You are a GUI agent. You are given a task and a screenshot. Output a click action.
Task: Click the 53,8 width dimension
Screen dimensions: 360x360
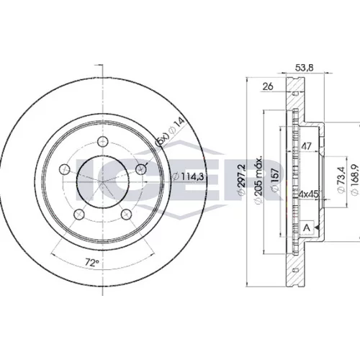point(305,68)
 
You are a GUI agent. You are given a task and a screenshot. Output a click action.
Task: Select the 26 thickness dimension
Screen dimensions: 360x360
point(268,86)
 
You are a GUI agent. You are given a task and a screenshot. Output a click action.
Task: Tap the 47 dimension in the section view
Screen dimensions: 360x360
point(306,146)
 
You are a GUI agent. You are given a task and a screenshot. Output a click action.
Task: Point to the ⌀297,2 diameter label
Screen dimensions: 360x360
point(241,179)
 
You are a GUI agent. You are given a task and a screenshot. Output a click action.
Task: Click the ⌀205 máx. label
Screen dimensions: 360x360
point(258,181)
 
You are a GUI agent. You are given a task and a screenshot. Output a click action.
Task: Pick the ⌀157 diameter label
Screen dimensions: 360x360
point(275,179)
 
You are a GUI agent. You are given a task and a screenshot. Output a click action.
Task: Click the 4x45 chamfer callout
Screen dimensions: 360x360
point(308,194)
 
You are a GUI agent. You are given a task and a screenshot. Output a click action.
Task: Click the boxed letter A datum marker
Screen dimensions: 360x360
point(307,228)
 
